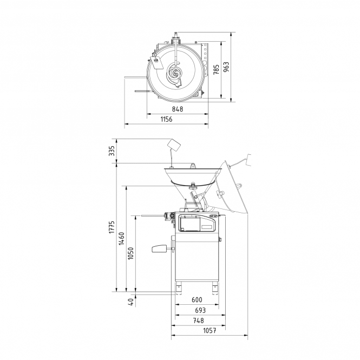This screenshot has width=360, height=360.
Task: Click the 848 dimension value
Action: click(178, 109)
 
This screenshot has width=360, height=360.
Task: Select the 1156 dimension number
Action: click(166, 120)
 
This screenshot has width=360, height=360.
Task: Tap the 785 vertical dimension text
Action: click(217, 69)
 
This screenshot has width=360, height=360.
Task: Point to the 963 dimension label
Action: click(226, 67)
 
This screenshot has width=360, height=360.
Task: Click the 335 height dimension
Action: click(112, 151)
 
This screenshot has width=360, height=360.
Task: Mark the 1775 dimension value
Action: click(112, 227)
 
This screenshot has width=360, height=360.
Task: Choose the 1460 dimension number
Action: click(121, 239)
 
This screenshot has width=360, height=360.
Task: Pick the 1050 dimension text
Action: click(130, 253)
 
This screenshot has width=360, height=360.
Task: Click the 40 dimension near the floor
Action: click(130, 302)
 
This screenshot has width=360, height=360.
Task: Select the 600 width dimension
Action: click(197, 300)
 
